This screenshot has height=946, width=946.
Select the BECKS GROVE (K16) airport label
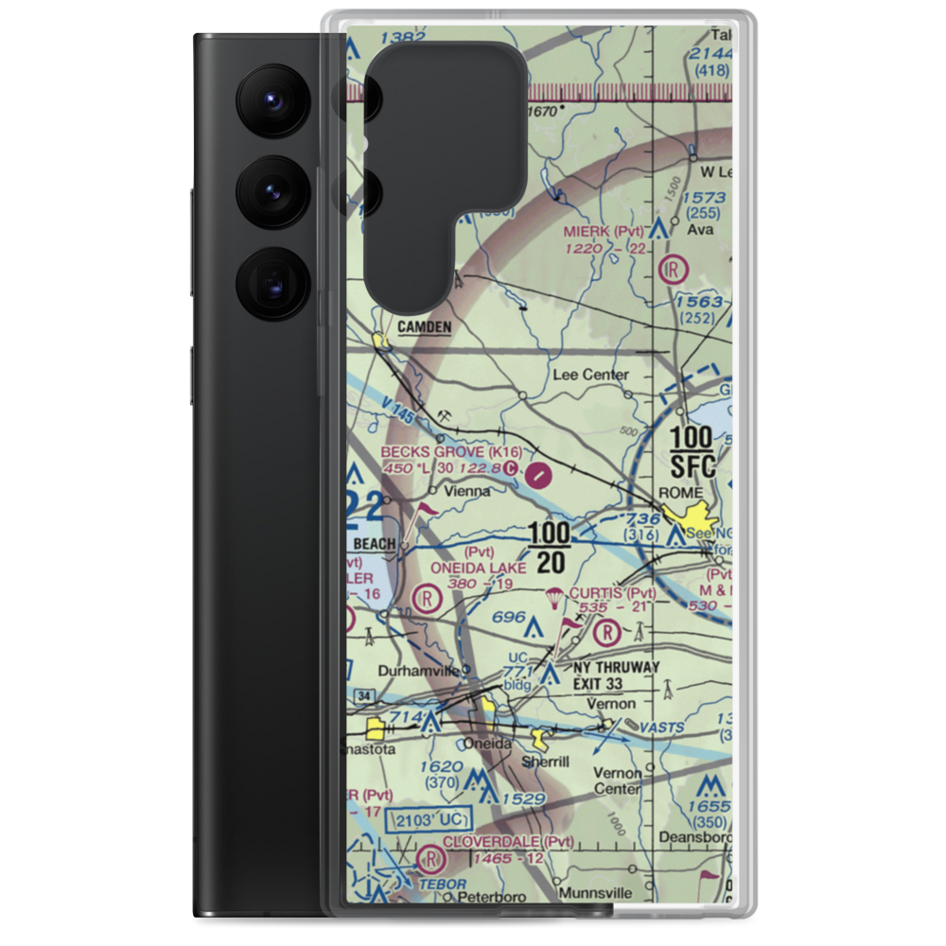tap(451, 452)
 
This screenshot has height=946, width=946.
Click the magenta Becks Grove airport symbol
tap(540, 473)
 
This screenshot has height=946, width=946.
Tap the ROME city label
tap(681, 493)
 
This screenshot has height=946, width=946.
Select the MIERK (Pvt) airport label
tap(604, 231)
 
